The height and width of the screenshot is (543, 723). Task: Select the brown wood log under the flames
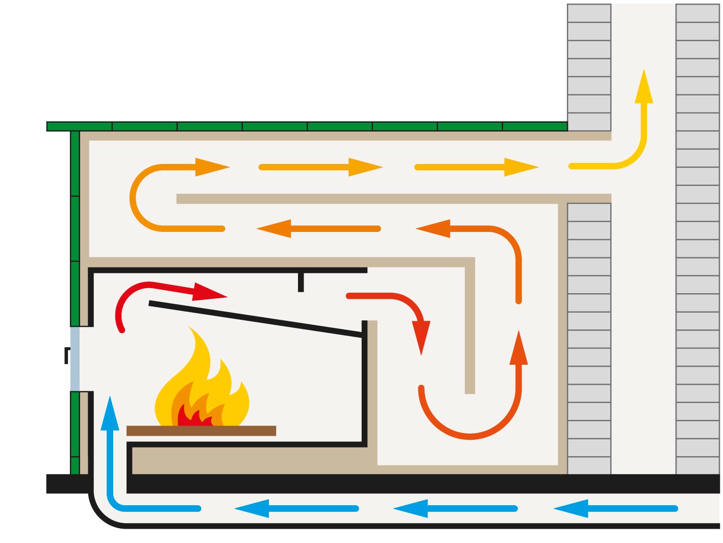point(201,431)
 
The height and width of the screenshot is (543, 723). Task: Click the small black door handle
point(67,355)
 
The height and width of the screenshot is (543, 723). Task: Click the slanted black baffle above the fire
point(255,319)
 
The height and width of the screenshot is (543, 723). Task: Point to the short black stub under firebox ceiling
point(301,282)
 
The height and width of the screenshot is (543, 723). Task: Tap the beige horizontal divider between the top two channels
point(393,199)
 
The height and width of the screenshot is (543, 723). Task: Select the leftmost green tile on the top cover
point(79,126)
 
